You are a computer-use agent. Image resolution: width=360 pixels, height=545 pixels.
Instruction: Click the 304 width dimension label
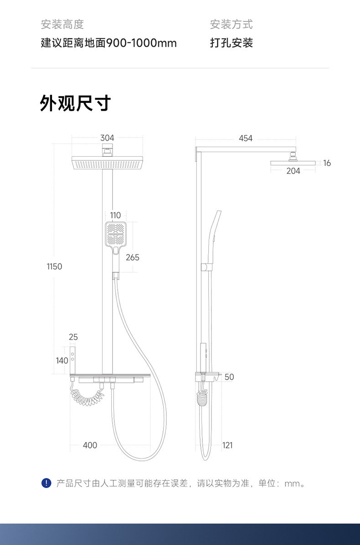[x=107, y=138]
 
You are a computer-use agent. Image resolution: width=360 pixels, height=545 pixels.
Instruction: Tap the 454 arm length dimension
[x=246, y=138]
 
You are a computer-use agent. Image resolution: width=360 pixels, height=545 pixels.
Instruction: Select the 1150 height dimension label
[x=54, y=266]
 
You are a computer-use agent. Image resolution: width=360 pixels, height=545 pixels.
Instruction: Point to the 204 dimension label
[x=293, y=171]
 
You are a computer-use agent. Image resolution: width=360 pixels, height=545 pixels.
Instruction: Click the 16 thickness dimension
[x=327, y=163]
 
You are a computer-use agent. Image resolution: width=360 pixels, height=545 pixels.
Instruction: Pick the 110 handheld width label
[x=115, y=215]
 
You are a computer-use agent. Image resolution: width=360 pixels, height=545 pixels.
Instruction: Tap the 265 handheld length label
[x=132, y=258]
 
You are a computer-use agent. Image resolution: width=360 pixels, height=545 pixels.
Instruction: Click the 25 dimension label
[x=73, y=337]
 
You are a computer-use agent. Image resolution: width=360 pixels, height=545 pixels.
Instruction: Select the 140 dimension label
[x=62, y=361]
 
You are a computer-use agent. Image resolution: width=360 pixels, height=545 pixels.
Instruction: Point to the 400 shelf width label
[x=90, y=445]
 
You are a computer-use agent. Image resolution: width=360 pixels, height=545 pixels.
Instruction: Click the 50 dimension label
[x=229, y=377]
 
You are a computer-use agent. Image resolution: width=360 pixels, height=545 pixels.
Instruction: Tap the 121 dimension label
[x=227, y=445]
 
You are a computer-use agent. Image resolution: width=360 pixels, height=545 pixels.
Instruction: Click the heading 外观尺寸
[x=76, y=103]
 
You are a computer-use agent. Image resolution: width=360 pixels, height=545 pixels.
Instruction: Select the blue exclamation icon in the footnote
[x=46, y=483]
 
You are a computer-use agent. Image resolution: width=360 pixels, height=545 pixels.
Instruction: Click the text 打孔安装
[x=231, y=43]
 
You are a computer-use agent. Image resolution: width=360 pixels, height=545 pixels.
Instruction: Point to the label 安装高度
[x=62, y=24]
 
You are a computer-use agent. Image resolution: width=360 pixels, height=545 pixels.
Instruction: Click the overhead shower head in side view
[x=293, y=163]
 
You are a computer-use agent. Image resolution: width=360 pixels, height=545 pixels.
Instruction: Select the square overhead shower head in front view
[x=108, y=163]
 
